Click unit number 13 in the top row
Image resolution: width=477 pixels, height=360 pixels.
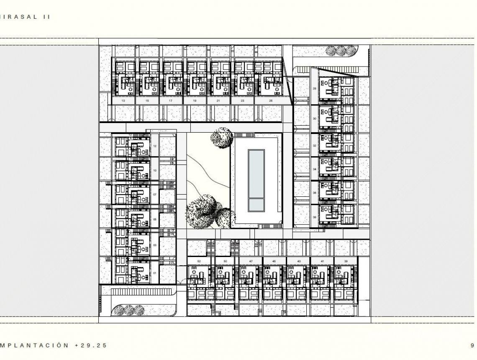[123, 101]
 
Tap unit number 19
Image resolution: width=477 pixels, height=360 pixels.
[195, 101]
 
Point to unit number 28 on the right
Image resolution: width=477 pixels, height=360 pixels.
[314, 88]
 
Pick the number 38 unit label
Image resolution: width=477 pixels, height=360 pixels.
[314, 217]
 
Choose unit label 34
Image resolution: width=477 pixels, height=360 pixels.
[314, 169]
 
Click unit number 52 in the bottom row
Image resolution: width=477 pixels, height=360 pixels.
[199, 261]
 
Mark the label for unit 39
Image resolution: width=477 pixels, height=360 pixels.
[346, 261]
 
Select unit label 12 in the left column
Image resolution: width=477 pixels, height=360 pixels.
[155, 147]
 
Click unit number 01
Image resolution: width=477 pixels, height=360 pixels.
[155, 273]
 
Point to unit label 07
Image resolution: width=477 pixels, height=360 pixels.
[155, 195]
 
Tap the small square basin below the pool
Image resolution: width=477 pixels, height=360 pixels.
[256, 204]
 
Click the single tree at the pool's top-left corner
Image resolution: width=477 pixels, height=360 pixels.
[221, 138]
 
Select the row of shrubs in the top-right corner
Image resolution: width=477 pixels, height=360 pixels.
[341, 51]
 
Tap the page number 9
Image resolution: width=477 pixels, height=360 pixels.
[472, 345]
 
